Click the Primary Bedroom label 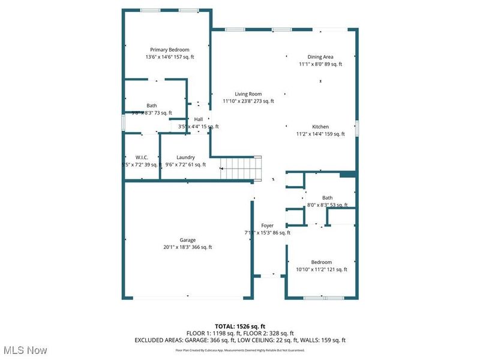pos(170,50)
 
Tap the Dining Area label pos(320,57)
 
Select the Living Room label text pos(248,94)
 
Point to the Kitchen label pos(320,127)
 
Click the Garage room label pos(187,239)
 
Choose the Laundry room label pos(185,157)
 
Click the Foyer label pos(267,226)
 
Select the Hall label pos(198,119)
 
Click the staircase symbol pos(240,167)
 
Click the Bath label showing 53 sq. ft pos(327,197)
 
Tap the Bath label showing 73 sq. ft pos(152,106)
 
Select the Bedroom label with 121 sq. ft pos(321,262)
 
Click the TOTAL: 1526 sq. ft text pos(241,326)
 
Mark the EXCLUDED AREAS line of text pos(241,340)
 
